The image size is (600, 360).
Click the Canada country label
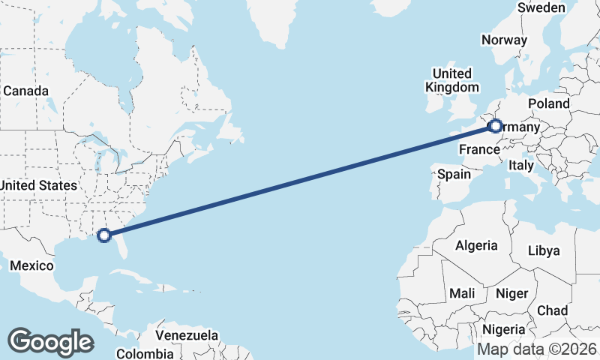click(x=25, y=91)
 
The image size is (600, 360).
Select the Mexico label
click(x=32, y=266)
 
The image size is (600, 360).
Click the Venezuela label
click(x=187, y=335)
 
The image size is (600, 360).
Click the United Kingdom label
click(x=451, y=80)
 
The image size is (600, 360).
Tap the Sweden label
click(x=541, y=7)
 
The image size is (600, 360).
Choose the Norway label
click(x=505, y=40)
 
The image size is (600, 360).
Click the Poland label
click(x=549, y=103)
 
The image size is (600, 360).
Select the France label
click(x=479, y=149)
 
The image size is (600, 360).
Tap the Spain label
click(x=454, y=174)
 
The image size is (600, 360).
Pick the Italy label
click(x=520, y=165)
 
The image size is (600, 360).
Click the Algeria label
click(x=476, y=245)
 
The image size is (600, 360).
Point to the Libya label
click(x=544, y=250)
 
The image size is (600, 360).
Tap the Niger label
click(x=512, y=293)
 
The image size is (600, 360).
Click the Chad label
click(x=552, y=310)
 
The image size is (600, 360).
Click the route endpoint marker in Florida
click(x=105, y=235)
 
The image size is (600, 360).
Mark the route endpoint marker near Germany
click(x=495, y=127)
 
